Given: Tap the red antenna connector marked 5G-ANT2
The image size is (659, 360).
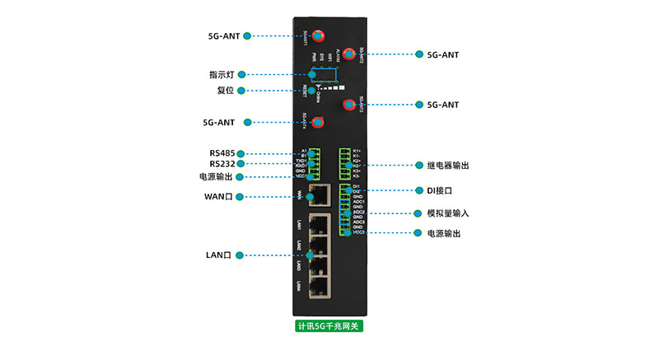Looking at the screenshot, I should tap(348, 54).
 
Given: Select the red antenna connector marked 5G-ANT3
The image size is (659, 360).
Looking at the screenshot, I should tap(348, 105).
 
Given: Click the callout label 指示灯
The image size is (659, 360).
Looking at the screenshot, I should tap(227, 74).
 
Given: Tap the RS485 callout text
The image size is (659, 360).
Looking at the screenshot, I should tap(222, 153).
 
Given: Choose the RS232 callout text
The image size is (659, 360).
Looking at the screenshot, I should tap(222, 164).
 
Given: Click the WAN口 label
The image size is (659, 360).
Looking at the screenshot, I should tap(219, 196).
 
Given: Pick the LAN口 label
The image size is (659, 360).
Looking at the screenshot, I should tap(219, 255).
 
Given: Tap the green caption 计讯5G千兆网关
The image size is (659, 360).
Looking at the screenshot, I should tap(329, 325).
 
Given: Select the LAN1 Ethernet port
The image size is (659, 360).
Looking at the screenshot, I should tap(317, 224).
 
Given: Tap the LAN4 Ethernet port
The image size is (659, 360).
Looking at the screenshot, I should tap(317, 285).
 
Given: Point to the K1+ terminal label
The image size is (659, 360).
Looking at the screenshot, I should tap(357, 150).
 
